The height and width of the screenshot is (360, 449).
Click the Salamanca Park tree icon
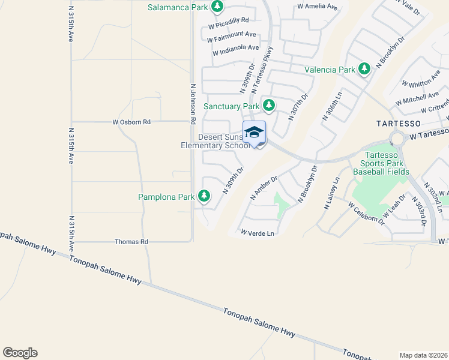click(x=217, y=7)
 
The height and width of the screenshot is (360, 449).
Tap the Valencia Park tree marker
click(x=364, y=69)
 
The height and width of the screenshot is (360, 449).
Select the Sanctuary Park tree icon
click(x=269, y=106)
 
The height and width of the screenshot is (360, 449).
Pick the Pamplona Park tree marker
click(x=205, y=196)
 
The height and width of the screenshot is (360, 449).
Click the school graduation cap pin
click(x=254, y=132)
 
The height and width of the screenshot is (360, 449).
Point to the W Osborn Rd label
click(x=131, y=122)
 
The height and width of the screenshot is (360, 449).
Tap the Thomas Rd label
click(x=131, y=242)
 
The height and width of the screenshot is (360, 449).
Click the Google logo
click(x=20, y=353)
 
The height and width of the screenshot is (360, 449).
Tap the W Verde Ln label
click(x=258, y=233)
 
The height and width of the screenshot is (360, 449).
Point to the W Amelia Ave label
click(x=318, y=7)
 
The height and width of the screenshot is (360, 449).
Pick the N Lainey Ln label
click(x=331, y=193)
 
